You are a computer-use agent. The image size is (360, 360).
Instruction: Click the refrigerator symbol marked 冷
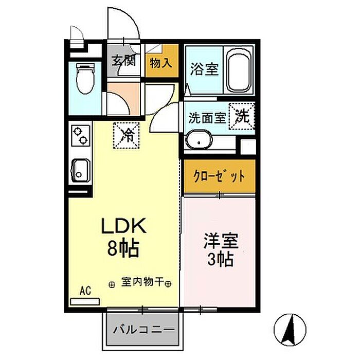coord(127,135)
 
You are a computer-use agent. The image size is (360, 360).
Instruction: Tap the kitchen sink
coord(80,169)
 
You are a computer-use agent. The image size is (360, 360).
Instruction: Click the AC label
coord(85,291)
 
